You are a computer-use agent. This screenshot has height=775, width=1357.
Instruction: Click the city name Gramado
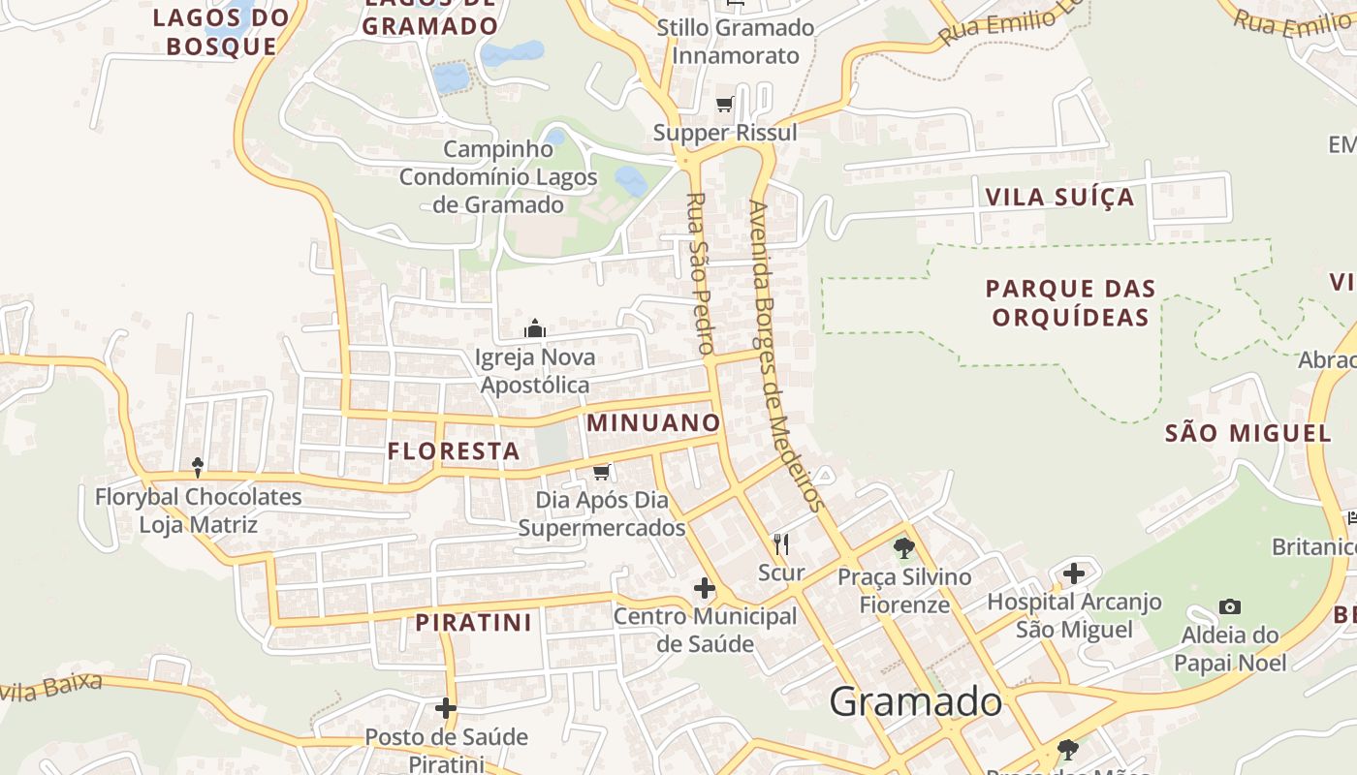tap(915, 701)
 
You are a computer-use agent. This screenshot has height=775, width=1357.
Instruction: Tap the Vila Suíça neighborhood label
tap(1059, 198)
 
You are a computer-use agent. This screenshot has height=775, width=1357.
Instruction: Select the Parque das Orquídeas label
tap(1071, 302)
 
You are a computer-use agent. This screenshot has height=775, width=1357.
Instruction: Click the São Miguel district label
tap(1248, 433)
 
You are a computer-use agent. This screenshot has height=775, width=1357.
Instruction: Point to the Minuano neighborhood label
tap(653, 422)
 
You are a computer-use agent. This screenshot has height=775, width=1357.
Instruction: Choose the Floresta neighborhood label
tap(454, 450)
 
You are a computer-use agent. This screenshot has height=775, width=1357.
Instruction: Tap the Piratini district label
tap(474, 622)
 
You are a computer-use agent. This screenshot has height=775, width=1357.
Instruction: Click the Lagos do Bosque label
tap(222, 31)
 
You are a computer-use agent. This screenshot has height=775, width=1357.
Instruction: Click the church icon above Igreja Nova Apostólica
tap(535, 329)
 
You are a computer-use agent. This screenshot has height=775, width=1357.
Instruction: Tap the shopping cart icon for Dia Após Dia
tap(602, 472)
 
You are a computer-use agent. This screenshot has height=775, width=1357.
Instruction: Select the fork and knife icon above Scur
tap(781, 544)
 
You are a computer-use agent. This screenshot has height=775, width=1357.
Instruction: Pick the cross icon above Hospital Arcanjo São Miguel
tap(1074, 573)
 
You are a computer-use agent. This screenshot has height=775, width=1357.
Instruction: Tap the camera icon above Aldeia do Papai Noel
tap(1230, 607)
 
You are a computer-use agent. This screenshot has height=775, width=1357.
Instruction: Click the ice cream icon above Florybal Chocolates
tap(198, 468)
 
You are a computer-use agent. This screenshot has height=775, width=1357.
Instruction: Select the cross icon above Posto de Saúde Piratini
tap(446, 708)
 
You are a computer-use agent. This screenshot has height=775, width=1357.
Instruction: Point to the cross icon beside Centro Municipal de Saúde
tap(705, 588)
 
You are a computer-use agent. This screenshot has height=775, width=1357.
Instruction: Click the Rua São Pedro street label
tap(700, 273)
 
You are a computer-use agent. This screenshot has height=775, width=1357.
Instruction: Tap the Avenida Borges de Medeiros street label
tap(786, 356)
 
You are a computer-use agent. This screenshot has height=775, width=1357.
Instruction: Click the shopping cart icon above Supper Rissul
tap(725, 105)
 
